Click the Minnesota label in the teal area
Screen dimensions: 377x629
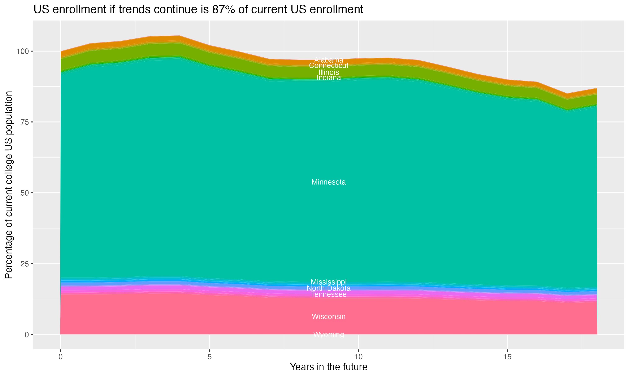tap(329, 182)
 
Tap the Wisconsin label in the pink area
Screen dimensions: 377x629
tap(329, 316)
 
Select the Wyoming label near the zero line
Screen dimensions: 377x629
tap(329, 334)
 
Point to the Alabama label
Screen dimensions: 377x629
tap(329, 60)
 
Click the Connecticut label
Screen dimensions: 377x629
tap(329, 66)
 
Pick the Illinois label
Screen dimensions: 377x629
tap(329, 72)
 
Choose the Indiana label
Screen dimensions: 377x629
tap(329, 78)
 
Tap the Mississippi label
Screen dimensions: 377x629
tap(329, 282)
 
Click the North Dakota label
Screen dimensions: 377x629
tap(329, 288)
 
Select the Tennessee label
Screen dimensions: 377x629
tap(329, 295)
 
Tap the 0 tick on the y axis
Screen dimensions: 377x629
tap(26, 334)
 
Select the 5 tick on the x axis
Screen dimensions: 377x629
tap(209, 357)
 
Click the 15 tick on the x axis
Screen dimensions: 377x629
tap(507, 357)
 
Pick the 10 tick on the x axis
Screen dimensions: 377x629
tap(358, 357)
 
